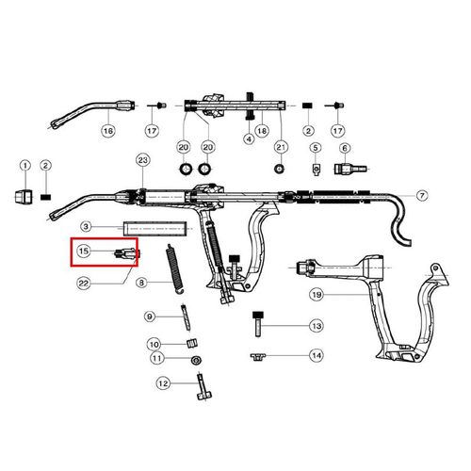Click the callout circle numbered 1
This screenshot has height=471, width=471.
(x=25, y=166)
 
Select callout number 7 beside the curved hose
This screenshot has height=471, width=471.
(x=422, y=195)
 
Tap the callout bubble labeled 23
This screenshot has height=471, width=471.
(x=143, y=160)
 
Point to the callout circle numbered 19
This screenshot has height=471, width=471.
(x=317, y=295)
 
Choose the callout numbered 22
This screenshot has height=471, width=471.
(x=84, y=284)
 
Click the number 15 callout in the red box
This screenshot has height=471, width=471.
(x=84, y=251)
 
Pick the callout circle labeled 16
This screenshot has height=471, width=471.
(x=107, y=130)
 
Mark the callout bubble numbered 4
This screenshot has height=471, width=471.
(x=249, y=138)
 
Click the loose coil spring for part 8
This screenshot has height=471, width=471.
(x=174, y=269)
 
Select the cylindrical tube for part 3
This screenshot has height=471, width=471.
(x=154, y=229)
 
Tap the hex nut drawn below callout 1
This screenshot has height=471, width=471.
(x=24, y=197)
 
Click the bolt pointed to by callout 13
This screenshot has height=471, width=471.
(x=258, y=324)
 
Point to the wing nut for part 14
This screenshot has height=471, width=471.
(x=258, y=357)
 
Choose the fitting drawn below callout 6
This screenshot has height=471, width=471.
(x=349, y=170)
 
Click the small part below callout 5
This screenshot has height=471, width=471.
(x=316, y=170)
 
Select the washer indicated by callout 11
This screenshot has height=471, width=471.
(x=196, y=360)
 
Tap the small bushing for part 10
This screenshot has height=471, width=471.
(x=192, y=343)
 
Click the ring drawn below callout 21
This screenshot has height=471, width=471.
(x=279, y=170)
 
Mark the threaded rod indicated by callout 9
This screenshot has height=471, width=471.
(x=186, y=317)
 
